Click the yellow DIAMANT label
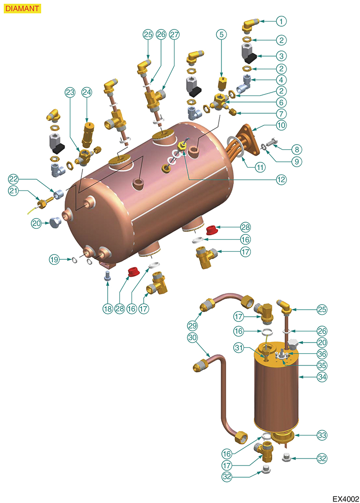tap(22, 8)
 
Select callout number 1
tap(281, 22)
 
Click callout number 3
tap(281, 56)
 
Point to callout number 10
tap(281, 125)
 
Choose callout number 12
tap(281, 180)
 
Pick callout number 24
tap(87, 92)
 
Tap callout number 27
tap(174, 34)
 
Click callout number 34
tap(322, 377)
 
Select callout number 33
tap(322, 435)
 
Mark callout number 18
tap(108, 309)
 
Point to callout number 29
tap(192, 326)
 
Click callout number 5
tap(221, 34)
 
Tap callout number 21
tap(13, 191)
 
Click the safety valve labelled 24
tap(87, 133)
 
